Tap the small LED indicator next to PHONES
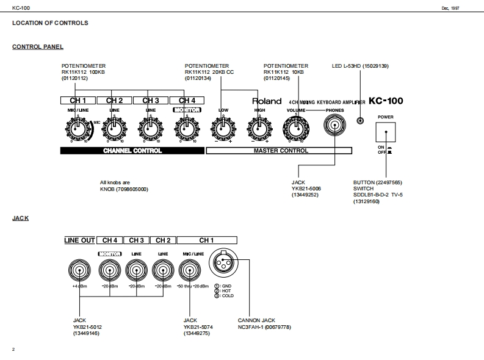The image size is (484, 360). pyautogui.click(x=361, y=121)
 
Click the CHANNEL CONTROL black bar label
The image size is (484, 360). pyautogui.click(x=132, y=151)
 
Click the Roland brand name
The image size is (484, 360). pyautogui.click(x=267, y=101)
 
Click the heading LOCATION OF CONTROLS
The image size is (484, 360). pyautogui.click(x=50, y=23)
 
